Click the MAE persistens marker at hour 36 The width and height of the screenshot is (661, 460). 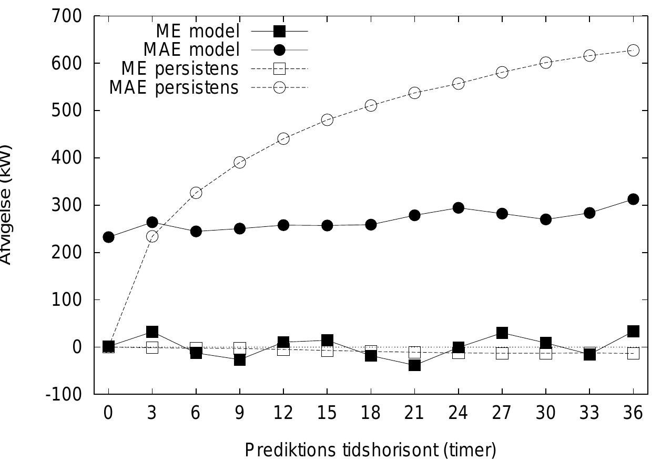coord(633,51)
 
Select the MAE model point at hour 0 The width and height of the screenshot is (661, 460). coord(108,237)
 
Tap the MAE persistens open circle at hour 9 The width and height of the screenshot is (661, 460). coord(240,163)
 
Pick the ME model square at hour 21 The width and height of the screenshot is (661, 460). coord(414,365)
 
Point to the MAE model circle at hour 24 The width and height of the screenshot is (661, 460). coord(458,208)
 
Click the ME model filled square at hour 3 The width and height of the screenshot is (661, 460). coord(152,332)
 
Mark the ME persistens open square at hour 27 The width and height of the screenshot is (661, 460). coord(502,353)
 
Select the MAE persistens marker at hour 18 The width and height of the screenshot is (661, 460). coord(371,106)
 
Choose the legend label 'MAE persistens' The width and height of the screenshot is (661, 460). coord(174,87)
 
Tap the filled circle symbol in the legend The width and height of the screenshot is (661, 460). coord(279,50)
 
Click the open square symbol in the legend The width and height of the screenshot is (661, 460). coord(279,69)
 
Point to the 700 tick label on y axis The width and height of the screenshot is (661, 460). coord(67,16)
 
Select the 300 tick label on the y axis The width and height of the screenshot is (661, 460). coord(67,205)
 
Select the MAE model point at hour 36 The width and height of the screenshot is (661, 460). coord(633,199)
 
